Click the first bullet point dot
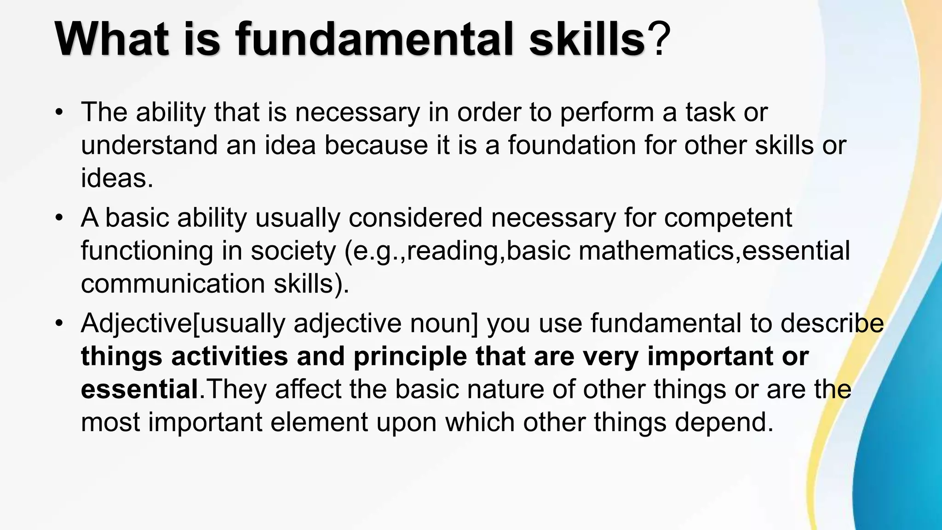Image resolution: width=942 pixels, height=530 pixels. (58, 112)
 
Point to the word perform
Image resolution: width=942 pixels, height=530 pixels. (607, 113)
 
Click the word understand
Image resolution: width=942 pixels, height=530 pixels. (149, 145)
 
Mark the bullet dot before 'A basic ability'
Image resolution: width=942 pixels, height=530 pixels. (58, 218)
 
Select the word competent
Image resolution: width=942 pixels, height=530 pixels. (728, 219)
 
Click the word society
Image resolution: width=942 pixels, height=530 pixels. (293, 252)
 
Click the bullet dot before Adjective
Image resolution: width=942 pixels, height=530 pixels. (58, 323)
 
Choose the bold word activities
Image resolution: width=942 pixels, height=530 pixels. (230, 357)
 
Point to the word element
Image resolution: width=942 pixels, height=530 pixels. (319, 422)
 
